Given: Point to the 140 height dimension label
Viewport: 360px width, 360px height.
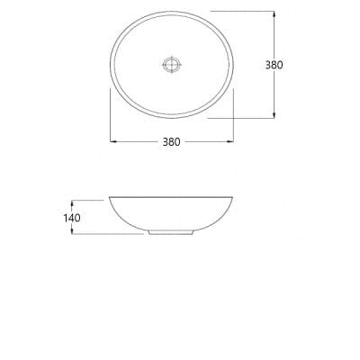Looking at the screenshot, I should pos(73,217).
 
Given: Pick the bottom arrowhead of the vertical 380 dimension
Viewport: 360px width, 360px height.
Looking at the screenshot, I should pos(274,115).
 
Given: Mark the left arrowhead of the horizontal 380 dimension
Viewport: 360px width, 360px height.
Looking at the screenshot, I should pos(112,141).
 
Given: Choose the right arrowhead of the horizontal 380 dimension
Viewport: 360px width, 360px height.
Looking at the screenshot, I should pos(236,141).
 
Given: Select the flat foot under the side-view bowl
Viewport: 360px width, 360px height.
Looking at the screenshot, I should pos(171,235).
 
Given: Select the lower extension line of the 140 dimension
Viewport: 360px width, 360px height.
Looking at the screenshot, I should pos(108,236).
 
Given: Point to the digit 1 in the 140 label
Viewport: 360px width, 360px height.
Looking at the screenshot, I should pos(66,217).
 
